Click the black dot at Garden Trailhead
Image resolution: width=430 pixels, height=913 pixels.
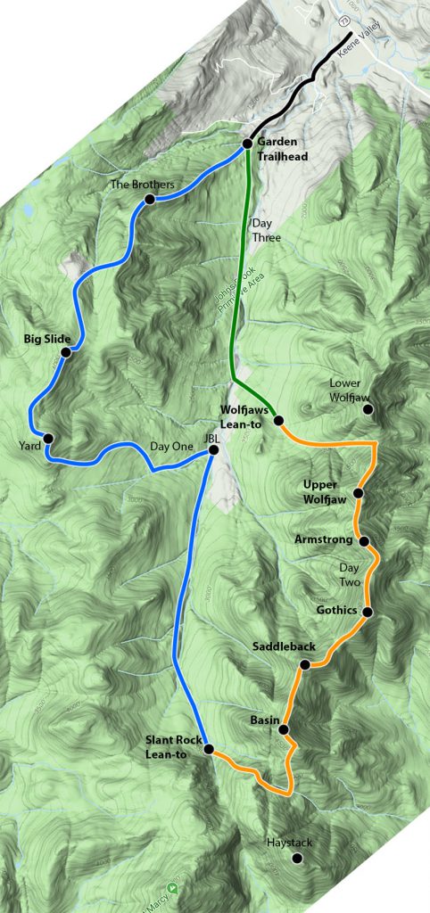(x=248, y=144)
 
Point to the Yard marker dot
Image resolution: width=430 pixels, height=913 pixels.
(x=48, y=438)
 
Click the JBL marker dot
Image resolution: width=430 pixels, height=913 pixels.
(x=213, y=450)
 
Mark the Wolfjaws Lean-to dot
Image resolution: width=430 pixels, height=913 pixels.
(x=278, y=420)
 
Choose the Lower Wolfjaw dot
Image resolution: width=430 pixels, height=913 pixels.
(x=367, y=409)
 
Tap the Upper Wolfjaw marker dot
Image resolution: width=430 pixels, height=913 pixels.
(x=358, y=493)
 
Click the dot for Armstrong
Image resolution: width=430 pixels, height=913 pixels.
(x=364, y=540)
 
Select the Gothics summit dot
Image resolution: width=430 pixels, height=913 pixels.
(x=366, y=611)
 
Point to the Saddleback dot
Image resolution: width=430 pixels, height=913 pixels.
(x=304, y=664)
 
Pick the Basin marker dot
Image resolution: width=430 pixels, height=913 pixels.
(x=283, y=729)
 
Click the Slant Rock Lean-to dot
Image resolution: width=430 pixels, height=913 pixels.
(x=208, y=750)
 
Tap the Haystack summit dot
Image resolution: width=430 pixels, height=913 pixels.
(x=297, y=859)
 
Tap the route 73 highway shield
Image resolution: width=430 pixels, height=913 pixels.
(x=343, y=21)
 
